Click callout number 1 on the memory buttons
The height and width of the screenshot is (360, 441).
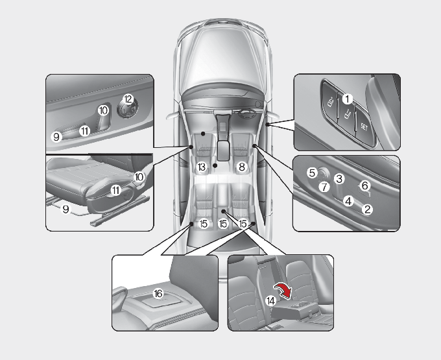(348, 99)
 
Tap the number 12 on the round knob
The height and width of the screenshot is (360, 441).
(128, 99)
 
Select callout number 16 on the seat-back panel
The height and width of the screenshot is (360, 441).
(158, 294)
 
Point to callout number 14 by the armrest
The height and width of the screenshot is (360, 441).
(270, 301)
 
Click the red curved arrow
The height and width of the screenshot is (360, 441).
(283, 291)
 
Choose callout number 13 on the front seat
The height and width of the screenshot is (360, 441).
(202, 167)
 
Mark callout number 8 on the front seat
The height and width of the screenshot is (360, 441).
(242, 167)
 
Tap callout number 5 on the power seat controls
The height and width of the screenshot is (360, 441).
(312, 173)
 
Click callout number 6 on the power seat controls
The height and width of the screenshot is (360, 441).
(364, 186)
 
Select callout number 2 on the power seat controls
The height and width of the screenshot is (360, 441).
(367, 210)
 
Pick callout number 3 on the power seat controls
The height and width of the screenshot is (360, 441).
(339, 178)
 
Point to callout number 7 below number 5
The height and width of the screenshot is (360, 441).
(324, 187)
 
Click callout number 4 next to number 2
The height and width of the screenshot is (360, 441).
(348, 201)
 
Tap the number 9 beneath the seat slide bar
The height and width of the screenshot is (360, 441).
(66, 210)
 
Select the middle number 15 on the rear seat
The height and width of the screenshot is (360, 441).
(222, 224)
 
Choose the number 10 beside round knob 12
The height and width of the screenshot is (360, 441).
(103, 110)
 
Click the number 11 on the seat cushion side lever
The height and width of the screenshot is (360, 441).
(115, 191)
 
